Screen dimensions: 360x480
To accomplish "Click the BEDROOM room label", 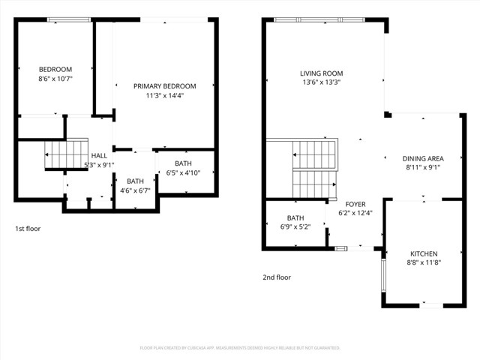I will coord(55,69).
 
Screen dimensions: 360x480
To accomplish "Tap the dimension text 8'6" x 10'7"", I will coord(55,77).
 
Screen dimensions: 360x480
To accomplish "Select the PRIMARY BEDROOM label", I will coord(164,86).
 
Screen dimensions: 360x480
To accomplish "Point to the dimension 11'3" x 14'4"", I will coord(164,95).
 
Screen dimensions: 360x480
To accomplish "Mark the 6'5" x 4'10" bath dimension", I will coord(183,173).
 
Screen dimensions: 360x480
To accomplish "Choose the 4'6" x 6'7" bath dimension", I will coord(135,190).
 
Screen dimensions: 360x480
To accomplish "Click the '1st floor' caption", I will coord(28,228).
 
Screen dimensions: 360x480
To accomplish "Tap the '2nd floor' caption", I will coord(276,277).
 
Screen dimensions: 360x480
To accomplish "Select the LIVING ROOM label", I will coord(321,73).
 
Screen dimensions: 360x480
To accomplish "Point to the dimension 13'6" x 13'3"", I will coord(321,82).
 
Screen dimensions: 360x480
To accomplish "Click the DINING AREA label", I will coord(423,158).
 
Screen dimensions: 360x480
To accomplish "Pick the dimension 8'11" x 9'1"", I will coord(423,167).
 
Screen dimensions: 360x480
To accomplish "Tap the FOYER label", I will coord(355,204).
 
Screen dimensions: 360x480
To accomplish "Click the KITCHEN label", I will coord(423,253).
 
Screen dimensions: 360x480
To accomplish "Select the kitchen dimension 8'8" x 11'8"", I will coord(423,262).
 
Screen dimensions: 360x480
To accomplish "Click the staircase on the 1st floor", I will coord(58,157).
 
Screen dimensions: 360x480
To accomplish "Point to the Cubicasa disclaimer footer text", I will coord(240,348).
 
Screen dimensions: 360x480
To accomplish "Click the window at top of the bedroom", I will coord(64,20).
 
